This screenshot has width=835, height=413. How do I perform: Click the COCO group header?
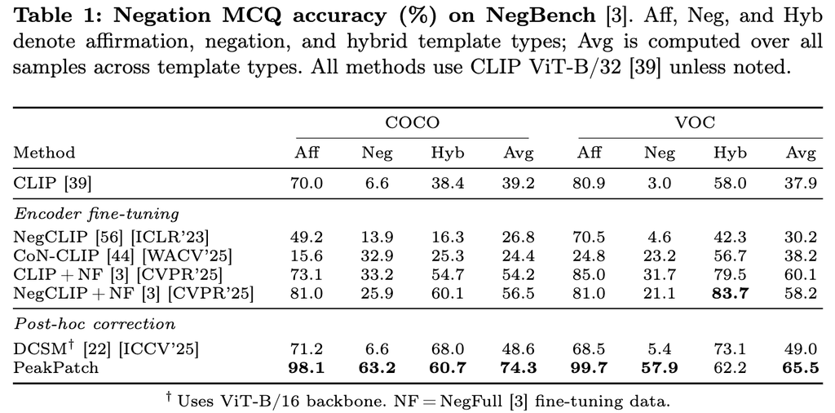point(413,122)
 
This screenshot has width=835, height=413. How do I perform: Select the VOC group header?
point(695,122)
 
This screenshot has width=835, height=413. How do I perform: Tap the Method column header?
point(44,153)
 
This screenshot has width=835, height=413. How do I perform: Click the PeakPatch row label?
point(56,368)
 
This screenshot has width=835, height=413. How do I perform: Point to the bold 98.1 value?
point(307,368)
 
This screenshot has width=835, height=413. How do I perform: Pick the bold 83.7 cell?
point(731,293)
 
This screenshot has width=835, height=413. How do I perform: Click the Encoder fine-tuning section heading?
point(96,214)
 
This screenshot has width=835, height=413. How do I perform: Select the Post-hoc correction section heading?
point(95,323)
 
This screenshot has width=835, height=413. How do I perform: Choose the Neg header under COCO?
point(377,154)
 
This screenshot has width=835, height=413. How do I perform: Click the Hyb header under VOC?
point(731,154)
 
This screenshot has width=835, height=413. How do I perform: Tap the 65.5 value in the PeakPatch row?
point(802,368)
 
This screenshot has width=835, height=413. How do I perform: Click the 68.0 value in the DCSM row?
point(448,349)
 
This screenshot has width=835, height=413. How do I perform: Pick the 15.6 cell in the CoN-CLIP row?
point(307,255)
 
